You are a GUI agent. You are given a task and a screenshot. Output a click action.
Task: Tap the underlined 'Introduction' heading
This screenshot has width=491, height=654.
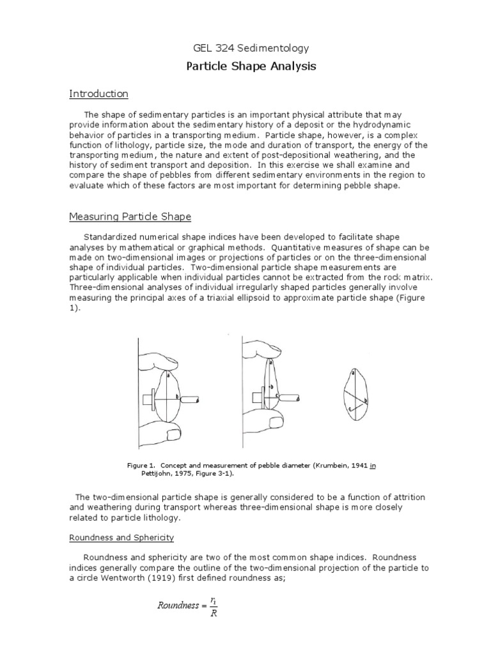[x=98, y=94]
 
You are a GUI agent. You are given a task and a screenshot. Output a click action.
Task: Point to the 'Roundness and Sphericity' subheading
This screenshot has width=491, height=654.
[x=121, y=538]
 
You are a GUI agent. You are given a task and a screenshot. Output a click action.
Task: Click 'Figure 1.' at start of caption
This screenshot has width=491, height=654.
[x=142, y=466]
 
